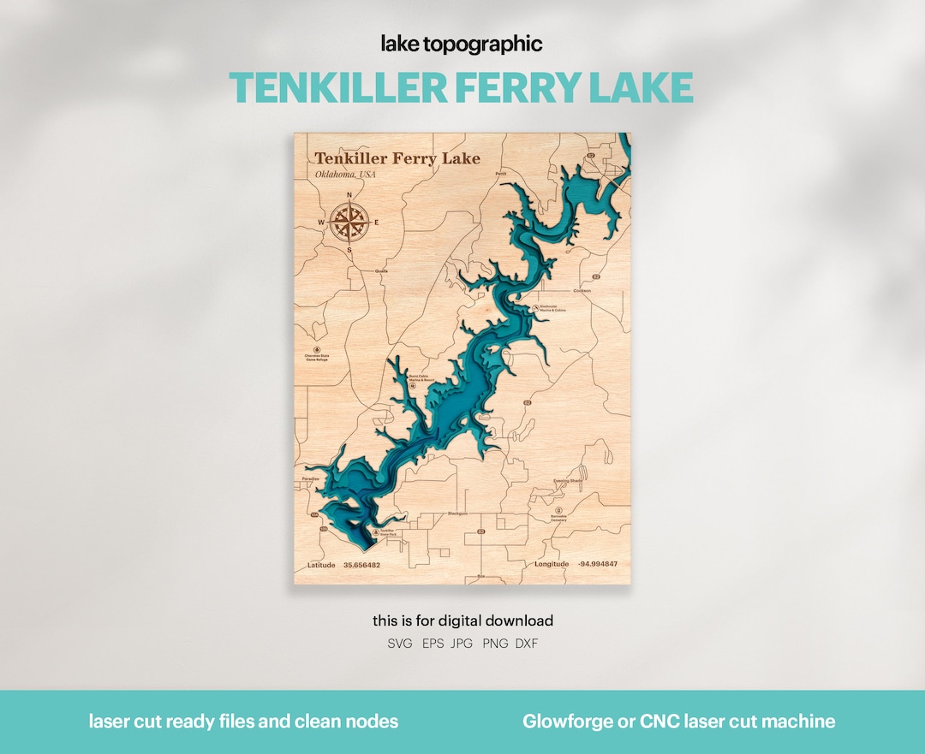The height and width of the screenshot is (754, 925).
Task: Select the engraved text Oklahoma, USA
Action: (x=345, y=175)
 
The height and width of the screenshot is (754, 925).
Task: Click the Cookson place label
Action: (x=582, y=290)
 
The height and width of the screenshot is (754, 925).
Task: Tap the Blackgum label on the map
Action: (x=458, y=514)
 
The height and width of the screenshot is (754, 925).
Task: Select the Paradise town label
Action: (x=310, y=478)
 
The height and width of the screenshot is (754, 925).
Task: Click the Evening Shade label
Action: (x=568, y=481)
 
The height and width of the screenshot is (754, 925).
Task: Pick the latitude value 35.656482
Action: (x=361, y=566)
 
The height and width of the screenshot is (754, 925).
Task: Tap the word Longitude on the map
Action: (x=552, y=564)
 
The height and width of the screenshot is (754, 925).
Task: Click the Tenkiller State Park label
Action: (x=387, y=533)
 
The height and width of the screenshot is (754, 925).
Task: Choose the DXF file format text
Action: (x=527, y=644)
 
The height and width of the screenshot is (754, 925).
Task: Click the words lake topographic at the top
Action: (x=462, y=45)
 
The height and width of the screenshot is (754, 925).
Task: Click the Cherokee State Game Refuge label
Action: (x=316, y=358)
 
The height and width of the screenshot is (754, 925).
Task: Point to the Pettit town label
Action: (x=501, y=173)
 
